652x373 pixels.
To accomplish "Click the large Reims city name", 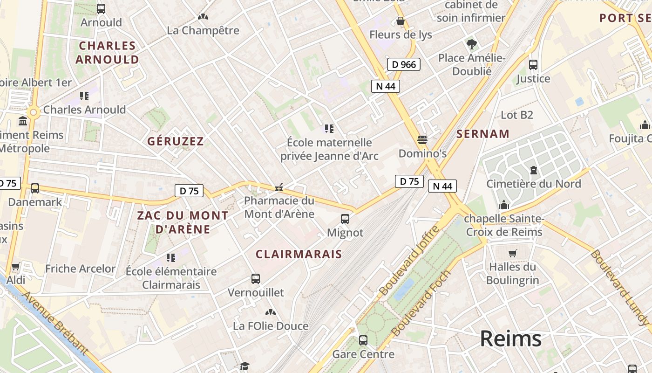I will pyautogui.click(x=511, y=338).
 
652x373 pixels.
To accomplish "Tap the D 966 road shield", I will pyautogui.click(x=404, y=64).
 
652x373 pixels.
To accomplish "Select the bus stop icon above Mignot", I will pyautogui.click(x=345, y=219).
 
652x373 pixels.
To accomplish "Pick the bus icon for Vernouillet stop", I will pyautogui.click(x=256, y=279).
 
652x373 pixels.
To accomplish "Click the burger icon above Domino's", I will pyautogui.click(x=422, y=139).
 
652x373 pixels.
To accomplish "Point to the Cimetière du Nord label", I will pyautogui.click(x=534, y=184).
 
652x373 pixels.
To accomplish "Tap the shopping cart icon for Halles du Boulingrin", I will pyautogui.click(x=513, y=253).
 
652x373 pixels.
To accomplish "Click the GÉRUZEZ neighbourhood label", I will pyautogui.click(x=176, y=141).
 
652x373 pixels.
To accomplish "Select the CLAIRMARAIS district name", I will pyautogui.click(x=299, y=254).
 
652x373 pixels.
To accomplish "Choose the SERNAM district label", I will pyautogui.click(x=483, y=134).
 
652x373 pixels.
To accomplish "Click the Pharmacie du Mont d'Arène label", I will pyautogui.click(x=279, y=207).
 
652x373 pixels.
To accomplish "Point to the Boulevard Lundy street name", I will pyautogui.click(x=619, y=288).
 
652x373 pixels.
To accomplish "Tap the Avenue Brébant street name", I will pyautogui.click(x=54, y=324).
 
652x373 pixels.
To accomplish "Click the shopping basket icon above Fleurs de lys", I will pyautogui.click(x=400, y=21).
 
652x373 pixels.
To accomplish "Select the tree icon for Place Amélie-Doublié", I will pyautogui.click(x=472, y=44).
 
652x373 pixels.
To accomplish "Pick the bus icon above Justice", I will pyautogui.click(x=533, y=64).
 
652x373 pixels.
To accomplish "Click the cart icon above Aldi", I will pyautogui.click(x=16, y=267).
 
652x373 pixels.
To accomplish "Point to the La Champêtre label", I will pyautogui.click(x=203, y=30).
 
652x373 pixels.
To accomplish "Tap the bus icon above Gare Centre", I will pyautogui.click(x=363, y=340).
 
